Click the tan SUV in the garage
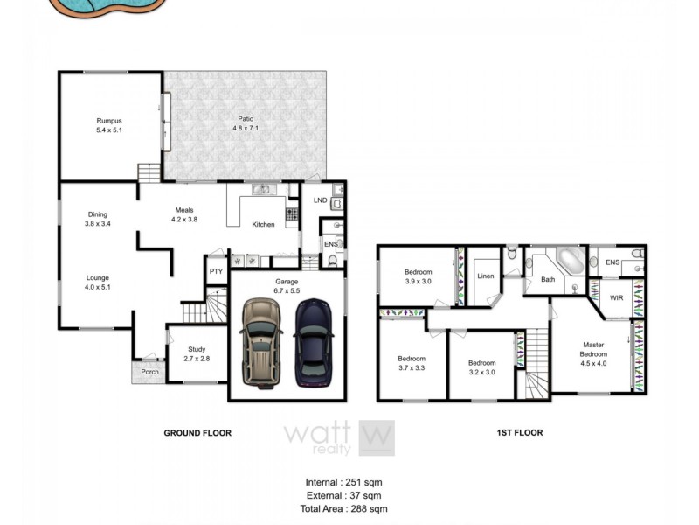260,343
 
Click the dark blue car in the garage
313,343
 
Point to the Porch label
149,371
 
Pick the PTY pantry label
216,272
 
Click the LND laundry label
320,200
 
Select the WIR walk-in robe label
616,298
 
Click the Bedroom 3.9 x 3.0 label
418,276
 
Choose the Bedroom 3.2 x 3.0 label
481,367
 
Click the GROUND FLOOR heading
198,432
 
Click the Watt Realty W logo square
377,437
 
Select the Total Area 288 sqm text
343,508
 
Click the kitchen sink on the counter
260,189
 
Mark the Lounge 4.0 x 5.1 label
97,282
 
